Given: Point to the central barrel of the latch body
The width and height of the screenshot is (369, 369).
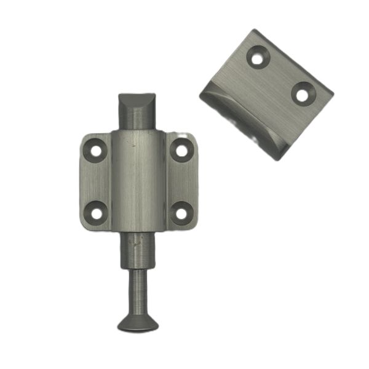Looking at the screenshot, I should coord(138,181).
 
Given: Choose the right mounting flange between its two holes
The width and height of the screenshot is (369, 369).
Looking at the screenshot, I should coord(183,181).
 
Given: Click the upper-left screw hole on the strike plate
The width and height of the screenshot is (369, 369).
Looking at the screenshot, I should coord(257,57).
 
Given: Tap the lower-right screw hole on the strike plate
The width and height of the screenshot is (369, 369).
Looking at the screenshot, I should coord(303,95).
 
